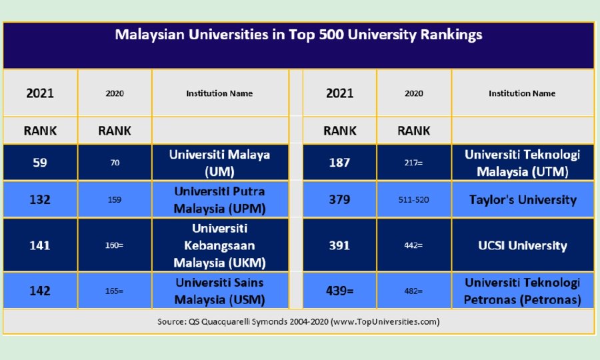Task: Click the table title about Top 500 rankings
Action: click(298, 35)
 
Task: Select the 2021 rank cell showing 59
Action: click(40, 162)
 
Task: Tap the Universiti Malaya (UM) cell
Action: click(219, 162)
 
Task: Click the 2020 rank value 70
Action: click(115, 162)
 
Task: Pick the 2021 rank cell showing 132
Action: click(40, 199)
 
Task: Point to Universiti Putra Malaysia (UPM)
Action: click(219, 199)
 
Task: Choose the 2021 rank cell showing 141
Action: click(40, 245)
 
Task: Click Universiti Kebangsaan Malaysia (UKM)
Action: click(219, 245)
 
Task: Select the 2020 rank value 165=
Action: click(115, 291)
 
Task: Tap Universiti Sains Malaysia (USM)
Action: click(219, 291)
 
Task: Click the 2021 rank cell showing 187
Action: click(339, 162)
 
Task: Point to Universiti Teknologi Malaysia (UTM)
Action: click(522, 163)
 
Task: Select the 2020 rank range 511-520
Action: click(413, 199)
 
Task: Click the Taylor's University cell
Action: click(522, 199)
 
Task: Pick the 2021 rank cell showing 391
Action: click(339, 245)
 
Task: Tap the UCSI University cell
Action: click(522, 245)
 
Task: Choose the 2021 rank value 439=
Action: click(339, 291)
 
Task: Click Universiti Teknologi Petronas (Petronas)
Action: click(522, 291)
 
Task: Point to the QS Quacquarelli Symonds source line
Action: click(298, 321)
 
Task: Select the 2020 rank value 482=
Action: click(413, 291)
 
